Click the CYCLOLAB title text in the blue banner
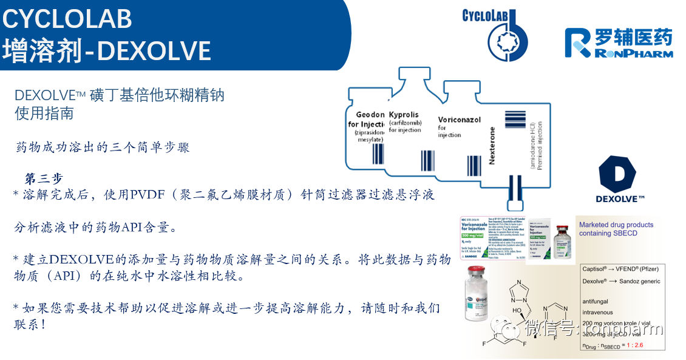tap(67, 19)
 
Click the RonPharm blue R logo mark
tap(577, 43)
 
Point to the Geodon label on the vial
tap(370, 114)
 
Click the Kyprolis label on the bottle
tap(404, 114)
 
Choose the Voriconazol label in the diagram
tap(459, 120)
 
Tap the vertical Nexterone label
tap(492, 146)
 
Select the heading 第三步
tap(44, 178)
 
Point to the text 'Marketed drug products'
tap(616, 225)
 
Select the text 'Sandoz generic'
tap(639, 281)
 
